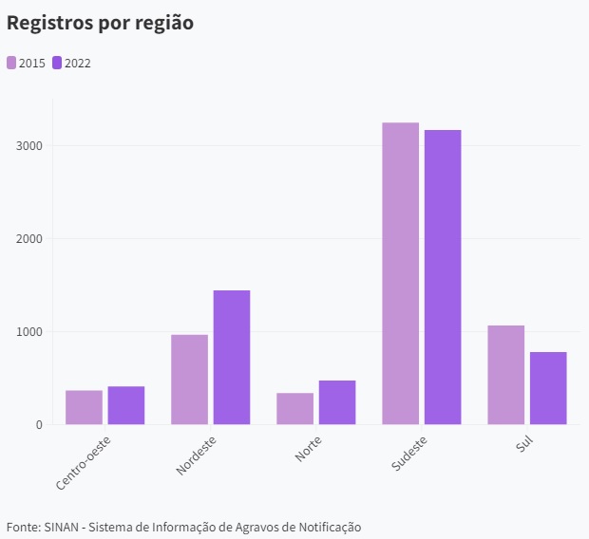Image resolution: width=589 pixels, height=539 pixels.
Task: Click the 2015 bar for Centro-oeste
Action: pyautogui.click(x=84, y=407)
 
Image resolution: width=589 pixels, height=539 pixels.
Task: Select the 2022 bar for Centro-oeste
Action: pyautogui.click(x=125, y=405)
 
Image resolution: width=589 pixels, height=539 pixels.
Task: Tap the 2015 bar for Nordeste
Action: pyautogui.click(x=189, y=380)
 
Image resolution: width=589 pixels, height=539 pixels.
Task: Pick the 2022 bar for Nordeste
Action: pyautogui.click(x=231, y=357)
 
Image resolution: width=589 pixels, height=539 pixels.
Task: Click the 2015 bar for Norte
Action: pyautogui.click(x=294, y=408)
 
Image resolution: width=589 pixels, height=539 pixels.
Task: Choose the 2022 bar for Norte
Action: pyautogui.click(x=337, y=402)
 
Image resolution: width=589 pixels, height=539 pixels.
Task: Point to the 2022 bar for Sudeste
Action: pyautogui.click(x=443, y=277)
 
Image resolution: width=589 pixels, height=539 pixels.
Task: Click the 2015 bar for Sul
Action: pyautogui.click(x=505, y=375)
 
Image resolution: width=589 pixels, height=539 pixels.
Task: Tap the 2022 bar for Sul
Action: pyautogui.click(x=548, y=388)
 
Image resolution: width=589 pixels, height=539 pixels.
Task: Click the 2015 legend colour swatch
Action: pyautogui.click(x=11, y=63)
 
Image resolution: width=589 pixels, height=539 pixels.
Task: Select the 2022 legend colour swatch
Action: pyautogui.click(x=57, y=63)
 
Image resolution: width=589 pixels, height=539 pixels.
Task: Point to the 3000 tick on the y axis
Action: pyautogui.click(x=28, y=146)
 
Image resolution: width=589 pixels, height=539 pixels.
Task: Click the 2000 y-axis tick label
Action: pyautogui.click(x=28, y=239)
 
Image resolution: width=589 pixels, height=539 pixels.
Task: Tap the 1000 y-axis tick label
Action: pyautogui.click(x=28, y=332)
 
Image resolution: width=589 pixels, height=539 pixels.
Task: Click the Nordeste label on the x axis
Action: pyautogui.click(x=197, y=455)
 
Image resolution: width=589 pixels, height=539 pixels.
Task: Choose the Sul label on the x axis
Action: pyautogui.click(x=524, y=443)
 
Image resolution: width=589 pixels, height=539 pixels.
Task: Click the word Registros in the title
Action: pyautogui.click(x=48, y=23)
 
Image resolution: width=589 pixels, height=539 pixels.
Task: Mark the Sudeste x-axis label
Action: pyautogui.click(x=408, y=454)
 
